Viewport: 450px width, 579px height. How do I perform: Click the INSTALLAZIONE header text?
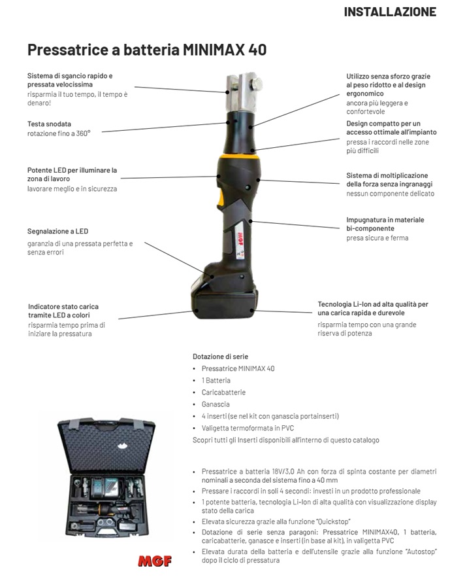390,12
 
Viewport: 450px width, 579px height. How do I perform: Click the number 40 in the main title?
257,50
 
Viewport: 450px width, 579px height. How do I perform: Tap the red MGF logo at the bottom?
155,561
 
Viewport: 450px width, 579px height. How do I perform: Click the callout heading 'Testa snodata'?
50,124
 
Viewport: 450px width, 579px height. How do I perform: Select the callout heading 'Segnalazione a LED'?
58,232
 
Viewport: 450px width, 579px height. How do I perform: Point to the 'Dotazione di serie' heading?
220,357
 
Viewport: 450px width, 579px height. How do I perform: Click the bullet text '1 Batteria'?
216,380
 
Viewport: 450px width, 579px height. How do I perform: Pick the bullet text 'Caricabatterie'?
223,392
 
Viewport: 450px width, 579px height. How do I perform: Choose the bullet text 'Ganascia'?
216,404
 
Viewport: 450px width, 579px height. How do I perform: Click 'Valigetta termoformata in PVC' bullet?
248,428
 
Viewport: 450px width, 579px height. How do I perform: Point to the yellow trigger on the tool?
220,198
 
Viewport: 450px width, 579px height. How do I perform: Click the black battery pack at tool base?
225,304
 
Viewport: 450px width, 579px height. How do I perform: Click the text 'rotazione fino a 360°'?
59,133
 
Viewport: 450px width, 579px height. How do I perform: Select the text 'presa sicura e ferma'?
378,238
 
